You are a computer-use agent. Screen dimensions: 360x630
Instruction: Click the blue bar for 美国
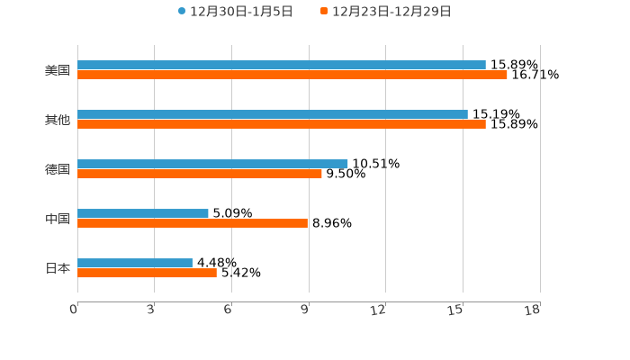(x=282, y=65)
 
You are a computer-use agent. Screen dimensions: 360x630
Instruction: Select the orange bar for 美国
(x=292, y=76)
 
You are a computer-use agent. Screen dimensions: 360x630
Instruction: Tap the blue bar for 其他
(x=273, y=114)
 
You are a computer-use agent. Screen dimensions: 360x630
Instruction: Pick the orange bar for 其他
(x=282, y=125)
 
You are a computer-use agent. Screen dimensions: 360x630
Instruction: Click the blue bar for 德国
(x=212, y=164)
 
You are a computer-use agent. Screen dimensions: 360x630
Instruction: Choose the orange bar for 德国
(x=200, y=175)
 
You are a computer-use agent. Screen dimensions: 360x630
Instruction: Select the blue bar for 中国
(x=143, y=213)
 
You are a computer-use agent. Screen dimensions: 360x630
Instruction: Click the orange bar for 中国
(x=193, y=224)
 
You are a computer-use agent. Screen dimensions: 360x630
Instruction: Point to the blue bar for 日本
(x=135, y=263)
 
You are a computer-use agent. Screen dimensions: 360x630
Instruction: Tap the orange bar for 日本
(x=147, y=274)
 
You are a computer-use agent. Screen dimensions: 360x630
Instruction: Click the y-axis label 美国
(x=58, y=70)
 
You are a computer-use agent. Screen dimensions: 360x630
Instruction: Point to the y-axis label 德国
(x=58, y=169)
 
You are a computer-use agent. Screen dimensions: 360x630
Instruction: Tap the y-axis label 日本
(x=58, y=268)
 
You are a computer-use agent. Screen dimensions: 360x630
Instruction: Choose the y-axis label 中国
(x=58, y=219)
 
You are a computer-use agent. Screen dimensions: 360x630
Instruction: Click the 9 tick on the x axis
(x=306, y=310)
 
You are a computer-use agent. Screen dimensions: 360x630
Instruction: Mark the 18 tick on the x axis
(x=533, y=310)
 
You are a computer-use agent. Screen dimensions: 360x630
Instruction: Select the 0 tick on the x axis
(x=74, y=310)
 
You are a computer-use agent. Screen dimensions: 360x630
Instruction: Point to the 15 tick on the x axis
(x=456, y=310)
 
